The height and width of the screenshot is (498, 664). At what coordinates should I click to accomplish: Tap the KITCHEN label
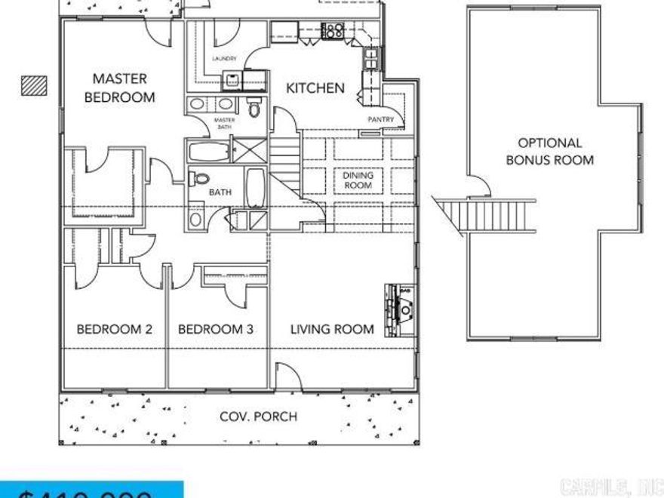[315, 88]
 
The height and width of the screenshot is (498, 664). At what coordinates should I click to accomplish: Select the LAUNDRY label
[225, 59]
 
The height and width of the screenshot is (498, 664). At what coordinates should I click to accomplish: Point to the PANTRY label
[381, 119]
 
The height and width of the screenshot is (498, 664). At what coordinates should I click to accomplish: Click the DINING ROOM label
[358, 180]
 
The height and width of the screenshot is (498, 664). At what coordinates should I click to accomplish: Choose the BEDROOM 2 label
[115, 329]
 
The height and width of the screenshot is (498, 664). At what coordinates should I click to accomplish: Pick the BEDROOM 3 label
[215, 329]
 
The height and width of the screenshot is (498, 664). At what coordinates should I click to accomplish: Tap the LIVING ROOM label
[332, 329]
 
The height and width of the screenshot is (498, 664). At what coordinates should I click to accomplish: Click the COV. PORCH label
[258, 416]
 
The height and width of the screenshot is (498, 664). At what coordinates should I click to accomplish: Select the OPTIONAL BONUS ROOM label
[549, 151]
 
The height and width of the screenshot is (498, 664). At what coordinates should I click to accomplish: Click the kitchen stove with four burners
[332, 31]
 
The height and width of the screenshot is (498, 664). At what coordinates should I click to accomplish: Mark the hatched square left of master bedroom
[34, 85]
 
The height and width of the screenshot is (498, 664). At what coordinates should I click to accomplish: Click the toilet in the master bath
[254, 109]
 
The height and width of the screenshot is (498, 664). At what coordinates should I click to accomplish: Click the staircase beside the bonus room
[487, 215]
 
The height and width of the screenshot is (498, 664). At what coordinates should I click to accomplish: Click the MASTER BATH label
[225, 124]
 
